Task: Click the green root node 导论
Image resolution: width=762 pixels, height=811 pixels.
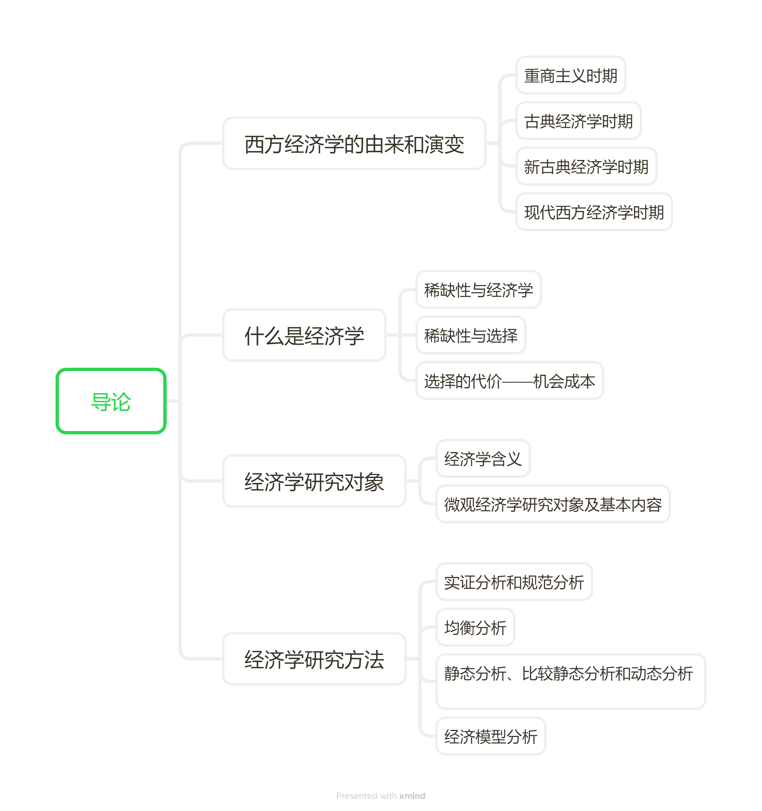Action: point(111,401)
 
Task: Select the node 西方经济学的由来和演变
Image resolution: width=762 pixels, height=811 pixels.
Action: point(354,144)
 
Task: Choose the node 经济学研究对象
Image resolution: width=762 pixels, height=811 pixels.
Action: point(314,481)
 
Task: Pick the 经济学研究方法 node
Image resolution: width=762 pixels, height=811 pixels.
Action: point(314,659)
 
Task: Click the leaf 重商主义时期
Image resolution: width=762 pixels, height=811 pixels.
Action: point(571,76)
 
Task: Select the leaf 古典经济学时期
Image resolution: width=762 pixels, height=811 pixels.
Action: point(578,121)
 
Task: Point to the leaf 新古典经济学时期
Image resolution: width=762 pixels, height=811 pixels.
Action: point(586,166)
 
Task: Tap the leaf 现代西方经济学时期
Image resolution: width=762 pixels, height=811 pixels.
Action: point(594,212)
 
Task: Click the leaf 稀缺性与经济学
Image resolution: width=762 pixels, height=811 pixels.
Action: point(478,290)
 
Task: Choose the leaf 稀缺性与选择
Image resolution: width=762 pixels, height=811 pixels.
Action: point(471,336)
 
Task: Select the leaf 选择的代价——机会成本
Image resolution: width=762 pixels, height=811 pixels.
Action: point(509,381)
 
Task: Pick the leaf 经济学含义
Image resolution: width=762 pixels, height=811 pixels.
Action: point(483,458)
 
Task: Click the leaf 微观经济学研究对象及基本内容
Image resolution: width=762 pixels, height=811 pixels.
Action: point(553,504)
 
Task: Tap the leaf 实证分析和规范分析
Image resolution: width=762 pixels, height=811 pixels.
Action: point(514,582)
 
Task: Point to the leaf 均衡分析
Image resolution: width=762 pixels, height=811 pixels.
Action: point(475,627)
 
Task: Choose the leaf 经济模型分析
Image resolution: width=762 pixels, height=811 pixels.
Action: point(491,736)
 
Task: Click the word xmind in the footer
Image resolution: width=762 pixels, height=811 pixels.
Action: point(412,796)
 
